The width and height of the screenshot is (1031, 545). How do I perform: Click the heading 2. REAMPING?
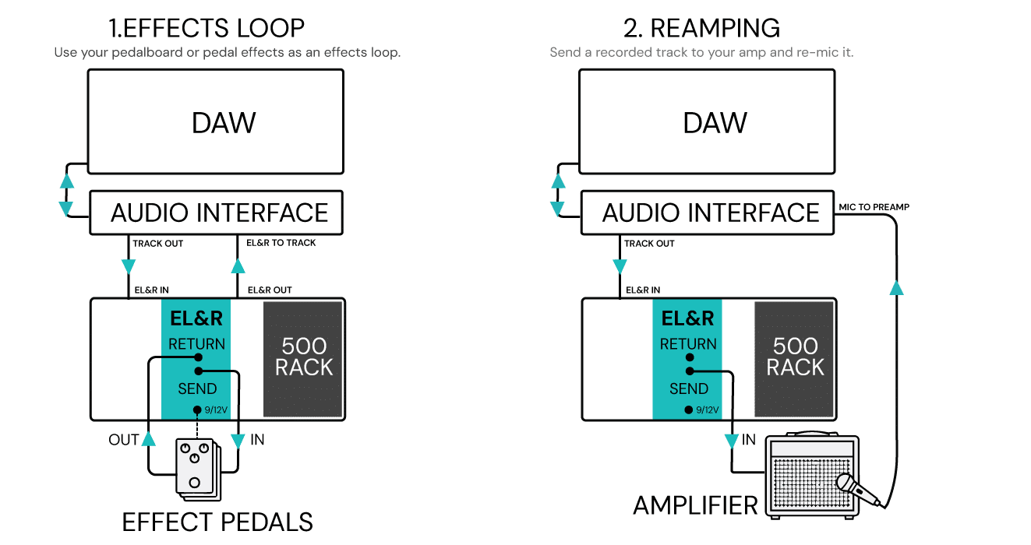(x=701, y=28)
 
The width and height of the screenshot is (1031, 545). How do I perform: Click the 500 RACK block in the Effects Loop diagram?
(x=303, y=357)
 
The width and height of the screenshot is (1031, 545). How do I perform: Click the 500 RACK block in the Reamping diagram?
(x=794, y=357)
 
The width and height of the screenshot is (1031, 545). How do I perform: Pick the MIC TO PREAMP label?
(x=874, y=207)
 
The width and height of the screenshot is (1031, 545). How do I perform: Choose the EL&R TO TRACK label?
(x=281, y=243)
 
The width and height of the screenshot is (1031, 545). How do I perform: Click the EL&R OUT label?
(x=270, y=290)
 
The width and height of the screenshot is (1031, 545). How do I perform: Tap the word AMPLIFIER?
(x=694, y=505)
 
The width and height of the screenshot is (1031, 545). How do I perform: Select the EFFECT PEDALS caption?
(x=217, y=521)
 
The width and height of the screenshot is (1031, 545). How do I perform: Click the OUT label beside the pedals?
(x=123, y=440)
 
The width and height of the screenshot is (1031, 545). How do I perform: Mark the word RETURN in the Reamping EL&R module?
(x=688, y=343)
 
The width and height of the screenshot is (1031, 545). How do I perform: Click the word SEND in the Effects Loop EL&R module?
(x=197, y=389)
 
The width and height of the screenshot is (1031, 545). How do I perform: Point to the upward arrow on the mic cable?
(x=896, y=288)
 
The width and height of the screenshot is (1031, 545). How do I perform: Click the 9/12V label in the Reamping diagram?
(x=706, y=410)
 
